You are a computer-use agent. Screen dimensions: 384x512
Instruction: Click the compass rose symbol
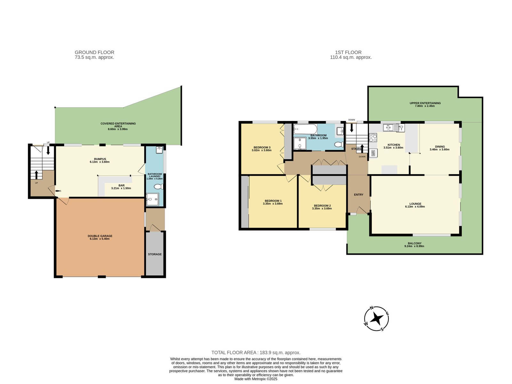tap(377, 319)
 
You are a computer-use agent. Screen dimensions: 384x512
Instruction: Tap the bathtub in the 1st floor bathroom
tap(305, 130)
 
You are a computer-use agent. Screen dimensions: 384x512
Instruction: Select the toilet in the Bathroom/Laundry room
tap(158, 187)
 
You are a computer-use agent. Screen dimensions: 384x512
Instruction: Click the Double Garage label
tap(100, 236)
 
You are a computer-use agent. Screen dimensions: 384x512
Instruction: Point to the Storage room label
tap(155, 254)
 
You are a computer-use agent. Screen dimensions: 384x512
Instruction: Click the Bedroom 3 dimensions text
tap(261, 150)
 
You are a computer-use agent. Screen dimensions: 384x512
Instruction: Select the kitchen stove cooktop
tap(373, 138)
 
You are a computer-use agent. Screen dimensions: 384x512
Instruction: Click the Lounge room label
tap(415, 204)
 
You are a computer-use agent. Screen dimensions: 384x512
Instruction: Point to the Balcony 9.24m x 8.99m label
tap(414, 245)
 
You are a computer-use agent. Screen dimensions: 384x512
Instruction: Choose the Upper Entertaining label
tap(425, 103)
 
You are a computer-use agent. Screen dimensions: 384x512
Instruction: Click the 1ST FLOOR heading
tap(348, 52)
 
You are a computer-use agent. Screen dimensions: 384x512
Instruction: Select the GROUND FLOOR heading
tap(94, 52)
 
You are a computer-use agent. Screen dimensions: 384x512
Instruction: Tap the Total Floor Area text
tap(256, 353)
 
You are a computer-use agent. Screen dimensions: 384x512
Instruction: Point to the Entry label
tap(358, 195)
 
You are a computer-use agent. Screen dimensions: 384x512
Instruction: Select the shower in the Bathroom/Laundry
tap(152, 200)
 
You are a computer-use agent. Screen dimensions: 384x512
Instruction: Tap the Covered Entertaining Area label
tap(118, 125)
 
